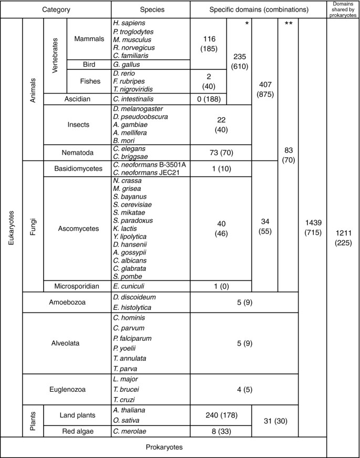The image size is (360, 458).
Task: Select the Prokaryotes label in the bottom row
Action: tap(163, 447)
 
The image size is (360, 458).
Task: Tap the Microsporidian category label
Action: tap(77, 286)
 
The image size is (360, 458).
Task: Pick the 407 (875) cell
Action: tap(264, 88)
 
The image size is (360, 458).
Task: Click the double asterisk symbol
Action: tap(287, 24)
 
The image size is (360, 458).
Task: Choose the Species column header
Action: tap(150, 9)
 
